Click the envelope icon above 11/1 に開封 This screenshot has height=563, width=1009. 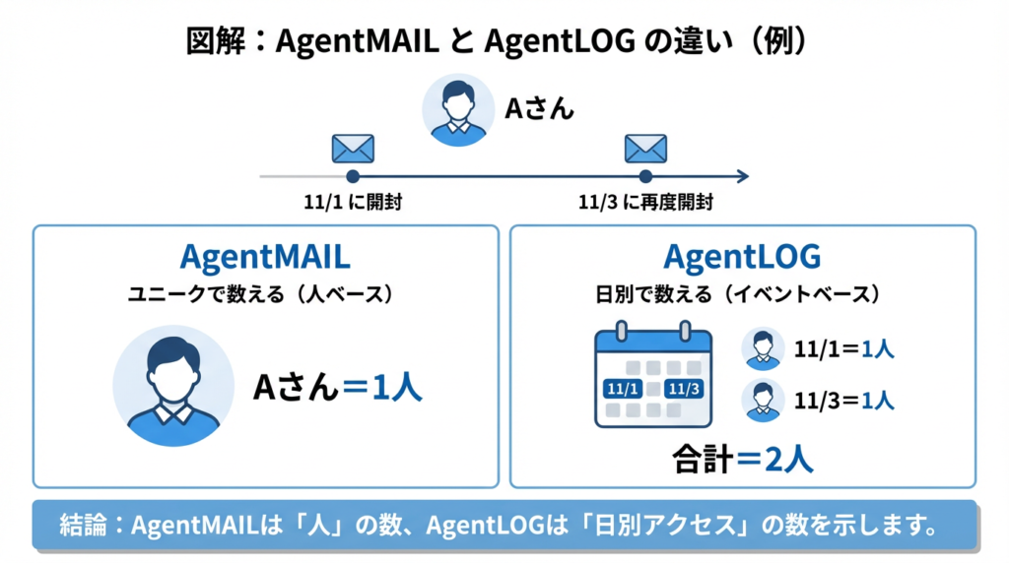pos(352,149)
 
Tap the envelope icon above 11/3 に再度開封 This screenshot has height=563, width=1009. pos(645,149)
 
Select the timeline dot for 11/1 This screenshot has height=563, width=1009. pos(352,177)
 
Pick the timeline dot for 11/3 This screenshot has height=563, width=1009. pos(645,177)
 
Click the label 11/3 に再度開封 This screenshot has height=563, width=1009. pos(645,203)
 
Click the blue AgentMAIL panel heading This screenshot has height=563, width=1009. pos(265,257)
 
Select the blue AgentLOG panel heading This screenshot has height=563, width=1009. pos(742,257)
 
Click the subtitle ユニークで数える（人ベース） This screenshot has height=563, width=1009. pos(265,293)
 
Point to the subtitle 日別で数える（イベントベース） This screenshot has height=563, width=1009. pos(742,293)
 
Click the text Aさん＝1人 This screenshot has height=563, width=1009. pos(338,387)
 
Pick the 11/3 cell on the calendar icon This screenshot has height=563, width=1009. pos(684,388)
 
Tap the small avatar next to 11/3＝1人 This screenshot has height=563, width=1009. pos(763,401)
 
